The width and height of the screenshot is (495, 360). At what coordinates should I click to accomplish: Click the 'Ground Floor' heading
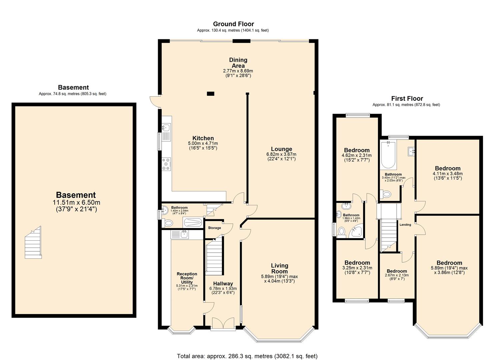(x=233, y=24)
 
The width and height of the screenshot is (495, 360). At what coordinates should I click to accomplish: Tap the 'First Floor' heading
(x=407, y=99)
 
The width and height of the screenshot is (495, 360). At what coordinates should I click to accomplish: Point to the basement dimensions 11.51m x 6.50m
(x=76, y=202)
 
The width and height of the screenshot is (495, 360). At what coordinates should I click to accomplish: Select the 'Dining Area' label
(x=238, y=63)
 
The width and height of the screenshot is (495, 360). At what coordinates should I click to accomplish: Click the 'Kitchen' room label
(x=203, y=138)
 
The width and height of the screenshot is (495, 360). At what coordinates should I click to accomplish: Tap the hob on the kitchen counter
(x=166, y=164)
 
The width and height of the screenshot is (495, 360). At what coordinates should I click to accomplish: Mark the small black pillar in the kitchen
(x=210, y=94)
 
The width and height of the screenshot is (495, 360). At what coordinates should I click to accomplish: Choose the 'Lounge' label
(x=281, y=149)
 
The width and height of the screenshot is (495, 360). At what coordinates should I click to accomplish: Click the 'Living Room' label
(x=279, y=268)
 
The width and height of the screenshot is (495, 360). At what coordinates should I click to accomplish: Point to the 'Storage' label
(x=214, y=228)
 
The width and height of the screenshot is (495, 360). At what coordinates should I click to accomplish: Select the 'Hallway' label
(x=223, y=284)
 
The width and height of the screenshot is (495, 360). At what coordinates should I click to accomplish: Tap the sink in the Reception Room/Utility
(x=180, y=234)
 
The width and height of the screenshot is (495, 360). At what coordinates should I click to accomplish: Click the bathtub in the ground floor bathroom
(x=193, y=222)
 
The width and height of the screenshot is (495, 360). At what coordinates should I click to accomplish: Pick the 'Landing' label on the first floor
(x=405, y=225)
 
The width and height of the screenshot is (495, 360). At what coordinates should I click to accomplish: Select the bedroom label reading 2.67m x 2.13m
(x=397, y=271)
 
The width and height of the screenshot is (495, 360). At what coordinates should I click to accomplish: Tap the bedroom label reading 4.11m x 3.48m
(x=447, y=168)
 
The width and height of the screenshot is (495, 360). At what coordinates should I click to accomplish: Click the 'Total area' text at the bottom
(x=247, y=356)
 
